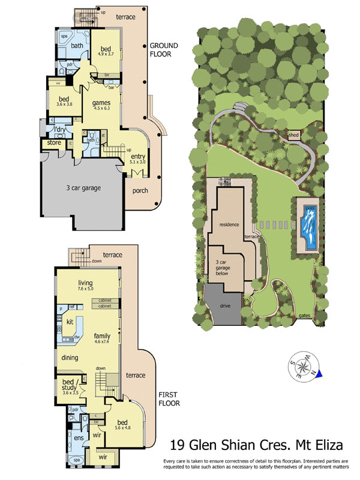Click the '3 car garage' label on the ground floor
[x=83, y=188]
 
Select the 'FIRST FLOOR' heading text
[x=170, y=399]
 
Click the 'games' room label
[x=101, y=103]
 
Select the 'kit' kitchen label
[x=70, y=321]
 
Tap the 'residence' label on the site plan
[x=229, y=224]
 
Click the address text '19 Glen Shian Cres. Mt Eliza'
[x=256, y=445]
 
